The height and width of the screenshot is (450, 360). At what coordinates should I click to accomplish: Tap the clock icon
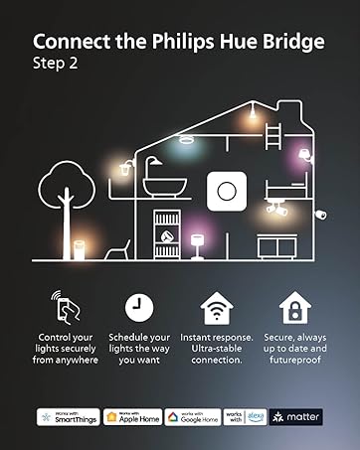click(140, 307)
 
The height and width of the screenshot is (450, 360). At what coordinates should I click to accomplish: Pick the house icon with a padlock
click(293, 307)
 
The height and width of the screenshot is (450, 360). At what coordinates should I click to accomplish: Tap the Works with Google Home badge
click(192, 417)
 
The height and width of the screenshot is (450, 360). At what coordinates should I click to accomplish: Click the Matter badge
click(296, 417)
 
